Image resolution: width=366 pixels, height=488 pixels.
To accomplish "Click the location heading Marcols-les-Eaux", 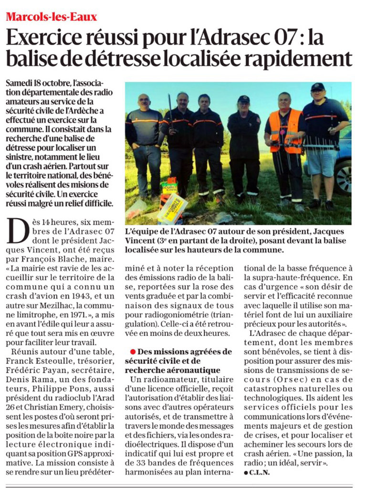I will click(x=52, y=17).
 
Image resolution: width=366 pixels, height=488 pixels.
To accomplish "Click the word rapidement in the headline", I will click(x=299, y=60).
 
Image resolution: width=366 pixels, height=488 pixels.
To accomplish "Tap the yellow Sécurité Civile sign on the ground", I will click(x=172, y=208).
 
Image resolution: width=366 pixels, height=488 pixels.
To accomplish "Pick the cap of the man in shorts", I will click(x=317, y=87).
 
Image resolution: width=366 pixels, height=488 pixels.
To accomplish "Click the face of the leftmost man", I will click(x=144, y=102).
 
